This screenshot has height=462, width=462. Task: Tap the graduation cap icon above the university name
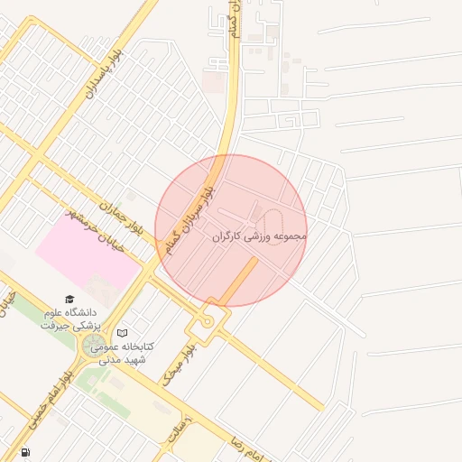pos(69,300)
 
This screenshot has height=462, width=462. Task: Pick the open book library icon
pos(123,333)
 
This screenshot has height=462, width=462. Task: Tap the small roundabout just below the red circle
pos(208,321)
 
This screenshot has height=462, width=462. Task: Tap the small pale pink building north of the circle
pos(214,83)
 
